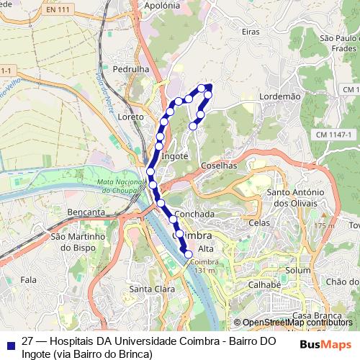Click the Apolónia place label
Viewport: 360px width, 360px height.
pos(161,5)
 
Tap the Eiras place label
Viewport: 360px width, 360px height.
pos(251,32)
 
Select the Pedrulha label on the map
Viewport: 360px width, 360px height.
pos(130,69)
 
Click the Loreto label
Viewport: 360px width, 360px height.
pos(130,116)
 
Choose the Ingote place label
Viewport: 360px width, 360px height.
pos(175,156)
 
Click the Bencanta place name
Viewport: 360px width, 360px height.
pos(86,212)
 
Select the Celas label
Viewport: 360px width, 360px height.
pos(259,222)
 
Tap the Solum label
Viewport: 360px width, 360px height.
pos(297,270)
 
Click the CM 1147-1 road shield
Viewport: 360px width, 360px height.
pos(333,135)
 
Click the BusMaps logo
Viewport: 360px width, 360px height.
pos(326,344)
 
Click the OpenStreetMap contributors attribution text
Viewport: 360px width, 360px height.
pos(292,323)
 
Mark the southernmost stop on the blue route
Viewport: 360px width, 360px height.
pos(189,254)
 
